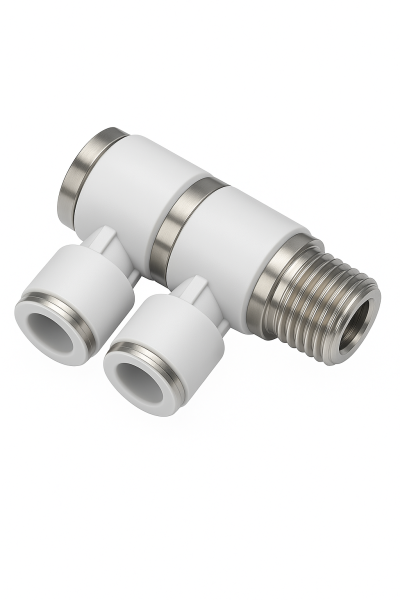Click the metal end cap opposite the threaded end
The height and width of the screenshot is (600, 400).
coord(90,177)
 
